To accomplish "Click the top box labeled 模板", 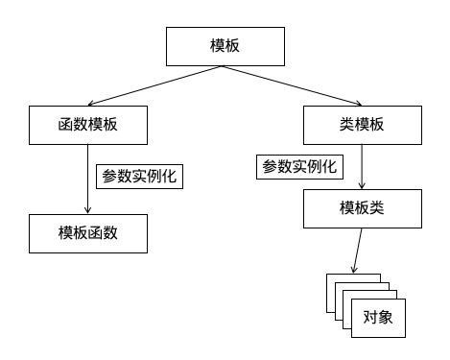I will click(x=225, y=46).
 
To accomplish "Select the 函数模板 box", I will click(x=87, y=124).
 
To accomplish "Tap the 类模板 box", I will click(x=362, y=124).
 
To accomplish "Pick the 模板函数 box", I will click(x=87, y=233).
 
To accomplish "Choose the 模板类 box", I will click(x=362, y=207).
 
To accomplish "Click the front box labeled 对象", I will click(x=379, y=318).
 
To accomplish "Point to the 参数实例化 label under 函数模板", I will click(x=140, y=177).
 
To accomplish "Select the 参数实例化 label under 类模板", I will click(x=297, y=166).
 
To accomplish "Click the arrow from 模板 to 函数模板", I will click(x=158, y=84).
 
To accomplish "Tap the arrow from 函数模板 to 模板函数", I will click(x=87, y=182).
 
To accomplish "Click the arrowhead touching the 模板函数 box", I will click(x=87, y=210).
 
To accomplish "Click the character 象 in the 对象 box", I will click(x=387, y=318).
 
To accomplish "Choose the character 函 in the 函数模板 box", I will click(x=64, y=124).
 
